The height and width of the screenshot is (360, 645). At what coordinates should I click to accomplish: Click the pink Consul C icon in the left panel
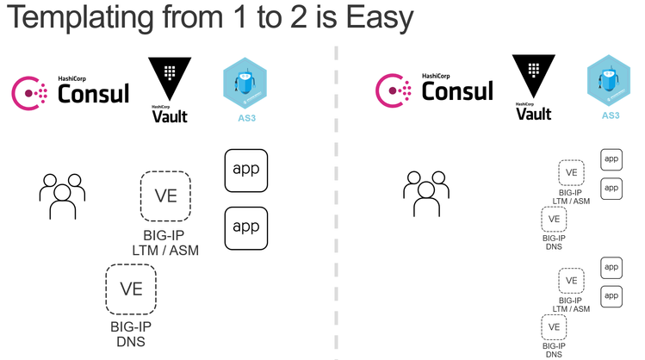29,92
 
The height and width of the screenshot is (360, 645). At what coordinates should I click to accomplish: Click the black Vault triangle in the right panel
532,77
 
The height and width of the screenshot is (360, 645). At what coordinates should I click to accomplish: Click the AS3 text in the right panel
610,115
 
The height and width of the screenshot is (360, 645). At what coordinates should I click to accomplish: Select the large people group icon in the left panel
59,196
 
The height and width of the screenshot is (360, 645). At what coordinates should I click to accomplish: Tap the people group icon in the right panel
425,191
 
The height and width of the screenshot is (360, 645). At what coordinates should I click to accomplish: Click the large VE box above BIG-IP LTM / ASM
165,196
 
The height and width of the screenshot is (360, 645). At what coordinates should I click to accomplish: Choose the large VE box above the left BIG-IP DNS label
131,289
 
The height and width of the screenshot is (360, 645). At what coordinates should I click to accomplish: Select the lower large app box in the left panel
246,227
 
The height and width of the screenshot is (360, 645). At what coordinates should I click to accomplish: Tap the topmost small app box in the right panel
611,158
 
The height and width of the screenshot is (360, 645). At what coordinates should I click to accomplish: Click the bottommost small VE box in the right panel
554,327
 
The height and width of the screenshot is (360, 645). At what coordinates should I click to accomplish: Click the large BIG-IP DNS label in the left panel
131,332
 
